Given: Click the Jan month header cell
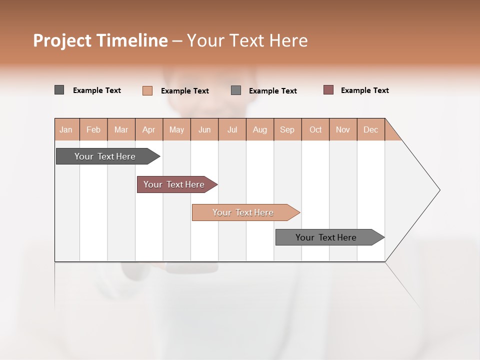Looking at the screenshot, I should point(66,129).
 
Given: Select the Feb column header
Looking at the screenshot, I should point(93,129).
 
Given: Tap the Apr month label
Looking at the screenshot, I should point(149,129).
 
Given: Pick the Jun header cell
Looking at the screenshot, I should point(204,129).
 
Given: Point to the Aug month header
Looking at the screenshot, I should point(259,129).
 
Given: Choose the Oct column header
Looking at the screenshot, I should point(315,129).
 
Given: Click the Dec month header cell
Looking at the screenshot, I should point(370,129).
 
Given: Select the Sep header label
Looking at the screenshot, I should point(287,129).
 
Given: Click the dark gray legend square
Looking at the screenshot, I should point(59,90).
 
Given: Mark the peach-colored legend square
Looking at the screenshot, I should point(147,90).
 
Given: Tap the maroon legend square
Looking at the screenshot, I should point(328,90).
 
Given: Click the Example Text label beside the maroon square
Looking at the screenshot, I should point(364,90).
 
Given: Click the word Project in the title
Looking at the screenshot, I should point(62,40).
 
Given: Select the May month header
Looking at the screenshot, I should point(176,129).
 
